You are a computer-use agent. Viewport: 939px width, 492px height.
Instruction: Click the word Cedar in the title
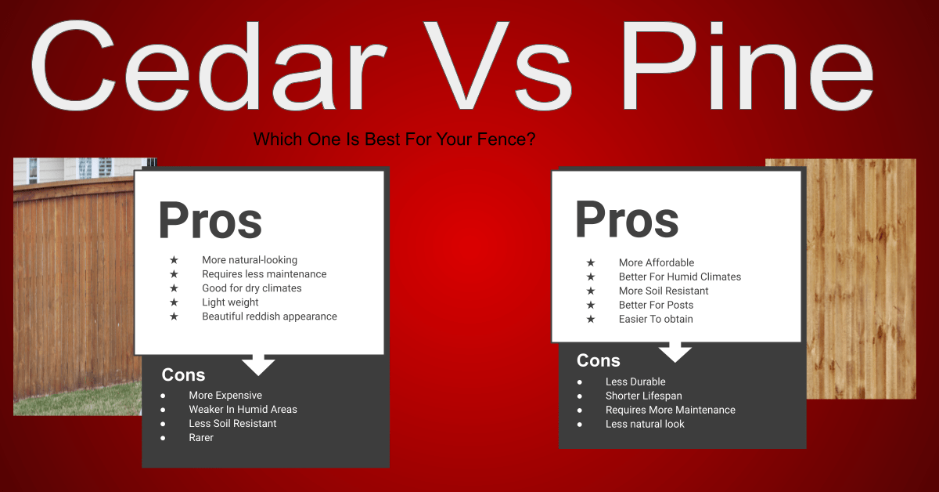pyautogui.click(x=208, y=65)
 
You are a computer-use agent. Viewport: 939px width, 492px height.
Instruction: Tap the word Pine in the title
pyautogui.click(x=747, y=64)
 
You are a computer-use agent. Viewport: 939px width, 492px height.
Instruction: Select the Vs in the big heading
pyautogui.click(x=498, y=65)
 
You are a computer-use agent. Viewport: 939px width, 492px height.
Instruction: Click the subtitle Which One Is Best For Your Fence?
pyautogui.click(x=394, y=139)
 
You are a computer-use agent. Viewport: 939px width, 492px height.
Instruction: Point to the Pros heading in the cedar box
pyautogui.click(x=210, y=220)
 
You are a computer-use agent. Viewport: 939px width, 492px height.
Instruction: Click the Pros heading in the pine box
pyautogui.click(x=627, y=219)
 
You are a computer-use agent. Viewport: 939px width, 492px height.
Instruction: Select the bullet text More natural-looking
pyautogui.click(x=250, y=260)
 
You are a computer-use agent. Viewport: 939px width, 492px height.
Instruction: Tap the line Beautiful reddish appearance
pyautogui.click(x=269, y=316)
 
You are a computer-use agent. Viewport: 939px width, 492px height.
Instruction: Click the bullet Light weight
pyautogui.click(x=230, y=302)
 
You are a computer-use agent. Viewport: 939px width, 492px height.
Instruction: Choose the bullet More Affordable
pyautogui.click(x=657, y=262)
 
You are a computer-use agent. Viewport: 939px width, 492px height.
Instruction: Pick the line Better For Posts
pyautogui.click(x=656, y=305)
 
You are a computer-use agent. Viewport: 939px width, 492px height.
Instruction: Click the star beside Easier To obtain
pyautogui.click(x=591, y=319)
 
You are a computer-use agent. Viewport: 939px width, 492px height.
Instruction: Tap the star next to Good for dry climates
pyautogui.click(x=174, y=288)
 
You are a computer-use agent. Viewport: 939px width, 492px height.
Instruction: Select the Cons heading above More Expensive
pyautogui.click(x=183, y=375)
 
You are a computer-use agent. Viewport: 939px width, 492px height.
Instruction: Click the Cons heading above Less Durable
pyautogui.click(x=598, y=360)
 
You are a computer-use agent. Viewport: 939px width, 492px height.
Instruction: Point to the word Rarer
pyautogui.click(x=201, y=437)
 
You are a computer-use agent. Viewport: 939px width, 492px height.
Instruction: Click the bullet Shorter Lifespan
pyautogui.click(x=643, y=396)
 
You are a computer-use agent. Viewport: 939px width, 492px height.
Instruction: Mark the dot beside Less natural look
pyautogui.click(x=579, y=425)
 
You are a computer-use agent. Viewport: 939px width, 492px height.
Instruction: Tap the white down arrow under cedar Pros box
pyautogui.click(x=258, y=365)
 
